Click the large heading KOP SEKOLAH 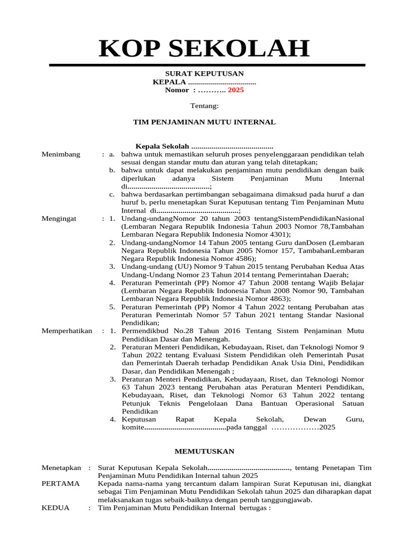tap(204, 48)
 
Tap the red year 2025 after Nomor tap(235, 90)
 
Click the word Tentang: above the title tap(204, 106)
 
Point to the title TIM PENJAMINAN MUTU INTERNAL tap(204, 122)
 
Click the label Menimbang tap(61, 154)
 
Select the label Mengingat tap(59, 218)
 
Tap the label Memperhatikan tap(67, 331)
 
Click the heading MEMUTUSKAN tap(204, 451)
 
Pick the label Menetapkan tap(61, 467)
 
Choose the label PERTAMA tap(60, 483)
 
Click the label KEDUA tap(55, 508)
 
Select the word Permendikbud tap(143, 331)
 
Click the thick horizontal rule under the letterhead tap(207, 65)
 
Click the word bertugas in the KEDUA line tap(253, 508)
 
